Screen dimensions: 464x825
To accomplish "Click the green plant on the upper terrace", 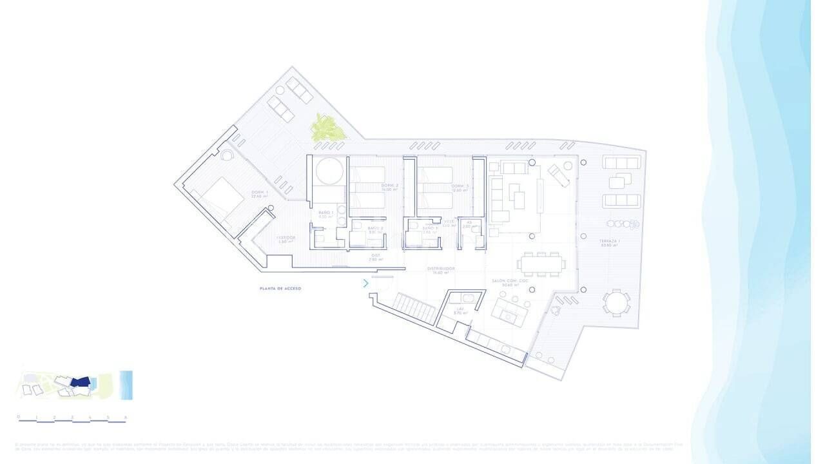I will point(328,128).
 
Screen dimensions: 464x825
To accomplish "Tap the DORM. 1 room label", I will point(259,194).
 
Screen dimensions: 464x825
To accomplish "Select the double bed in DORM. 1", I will point(217,197).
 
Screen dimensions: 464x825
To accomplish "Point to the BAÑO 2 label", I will point(376,229).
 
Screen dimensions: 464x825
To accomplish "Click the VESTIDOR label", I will point(286,238).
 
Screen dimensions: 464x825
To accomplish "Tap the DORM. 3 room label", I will point(460,188).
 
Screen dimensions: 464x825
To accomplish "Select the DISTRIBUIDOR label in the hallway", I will point(442,270).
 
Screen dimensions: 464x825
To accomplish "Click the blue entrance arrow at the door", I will point(365,283).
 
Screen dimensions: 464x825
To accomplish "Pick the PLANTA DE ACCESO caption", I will point(280,289).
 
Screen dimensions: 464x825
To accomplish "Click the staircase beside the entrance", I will point(416,307).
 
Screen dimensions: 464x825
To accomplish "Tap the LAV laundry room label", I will point(460,311).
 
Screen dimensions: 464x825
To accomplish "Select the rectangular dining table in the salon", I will point(541,264).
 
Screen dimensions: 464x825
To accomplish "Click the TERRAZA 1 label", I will point(610,242).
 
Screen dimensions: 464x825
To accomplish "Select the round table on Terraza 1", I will point(616,302).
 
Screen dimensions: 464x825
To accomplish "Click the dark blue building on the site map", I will point(79,383).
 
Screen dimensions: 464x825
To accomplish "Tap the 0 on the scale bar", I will point(19,417).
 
